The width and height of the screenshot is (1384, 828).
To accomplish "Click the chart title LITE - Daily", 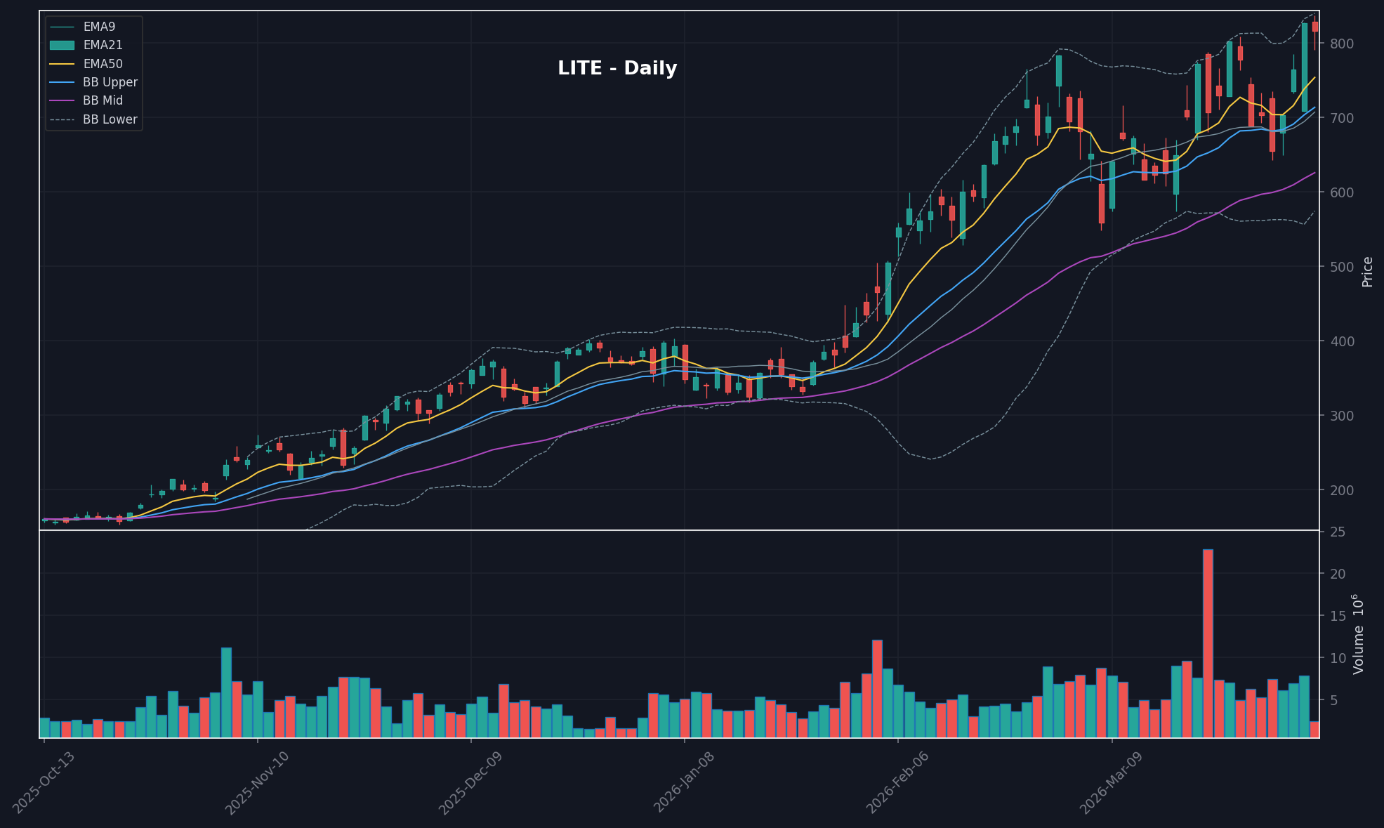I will (617, 68).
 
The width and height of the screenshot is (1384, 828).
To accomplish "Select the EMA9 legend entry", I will (98, 27).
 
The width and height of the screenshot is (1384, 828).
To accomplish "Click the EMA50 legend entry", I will (103, 64).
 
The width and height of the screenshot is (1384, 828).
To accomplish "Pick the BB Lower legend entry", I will (110, 119).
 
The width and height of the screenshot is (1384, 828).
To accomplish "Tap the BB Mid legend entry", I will (103, 100).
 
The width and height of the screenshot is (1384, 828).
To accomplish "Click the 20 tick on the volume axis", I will (1338, 574).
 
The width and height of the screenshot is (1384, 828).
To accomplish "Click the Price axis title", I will (1367, 272).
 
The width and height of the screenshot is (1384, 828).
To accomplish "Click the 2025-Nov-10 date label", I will (256, 782).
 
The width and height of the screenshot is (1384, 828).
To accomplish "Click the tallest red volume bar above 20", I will (1208, 643).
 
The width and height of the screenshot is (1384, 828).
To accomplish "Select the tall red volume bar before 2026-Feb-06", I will (877, 688).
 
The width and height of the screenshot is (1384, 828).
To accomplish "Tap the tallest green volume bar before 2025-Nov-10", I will (226, 692).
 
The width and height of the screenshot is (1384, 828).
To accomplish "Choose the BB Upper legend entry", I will (110, 82).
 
